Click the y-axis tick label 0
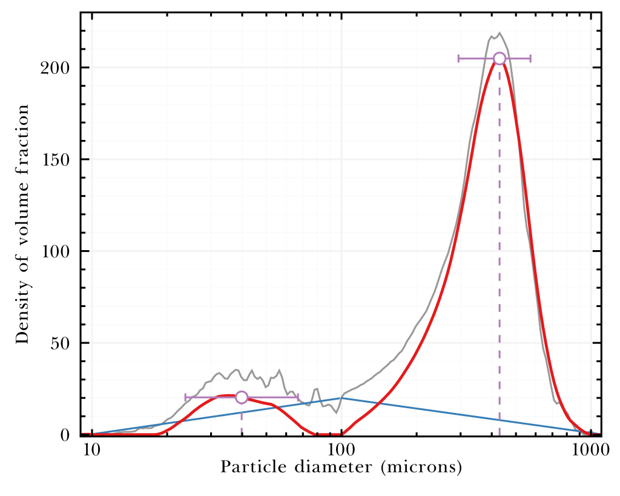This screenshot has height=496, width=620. (66, 435)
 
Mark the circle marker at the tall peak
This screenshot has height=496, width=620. (500, 58)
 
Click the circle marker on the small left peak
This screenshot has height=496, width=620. (242, 397)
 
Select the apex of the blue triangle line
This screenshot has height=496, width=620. (341, 398)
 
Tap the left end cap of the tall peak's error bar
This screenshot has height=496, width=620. (459, 58)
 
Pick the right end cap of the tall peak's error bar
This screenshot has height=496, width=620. (530, 58)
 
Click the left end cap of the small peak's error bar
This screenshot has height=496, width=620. (186, 397)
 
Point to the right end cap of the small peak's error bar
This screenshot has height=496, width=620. (298, 397)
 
